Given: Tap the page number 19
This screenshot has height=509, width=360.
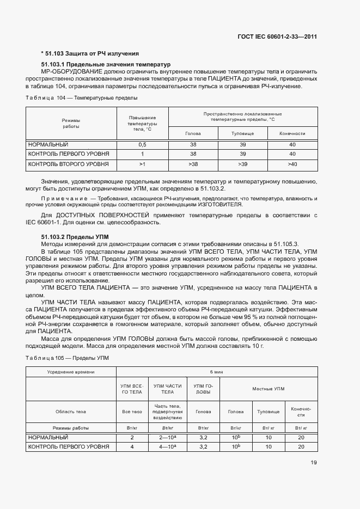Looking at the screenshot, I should [x=313, y=463].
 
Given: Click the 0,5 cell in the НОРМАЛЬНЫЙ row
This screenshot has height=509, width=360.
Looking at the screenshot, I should [x=143, y=144].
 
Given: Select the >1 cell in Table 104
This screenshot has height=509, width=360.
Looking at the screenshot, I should [x=143, y=164].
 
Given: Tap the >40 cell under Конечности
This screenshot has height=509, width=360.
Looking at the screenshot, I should [x=292, y=164].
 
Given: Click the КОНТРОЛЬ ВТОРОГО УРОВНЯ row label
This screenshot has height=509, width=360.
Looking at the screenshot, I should [x=68, y=164].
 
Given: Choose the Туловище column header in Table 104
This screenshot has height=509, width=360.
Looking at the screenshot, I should [x=242, y=133].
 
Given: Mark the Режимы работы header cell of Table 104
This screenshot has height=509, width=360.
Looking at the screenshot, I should [x=71, y=123].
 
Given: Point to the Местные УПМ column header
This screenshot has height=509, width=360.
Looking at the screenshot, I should [x=268, y=389].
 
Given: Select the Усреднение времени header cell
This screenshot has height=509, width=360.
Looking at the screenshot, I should [x=71, y=372].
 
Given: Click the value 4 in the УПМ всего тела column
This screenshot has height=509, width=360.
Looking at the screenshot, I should [x=132, y=447].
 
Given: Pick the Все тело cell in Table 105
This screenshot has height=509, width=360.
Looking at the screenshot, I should [x=132, y=412].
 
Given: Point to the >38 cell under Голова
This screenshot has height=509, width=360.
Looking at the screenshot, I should [x=193, y=164].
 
